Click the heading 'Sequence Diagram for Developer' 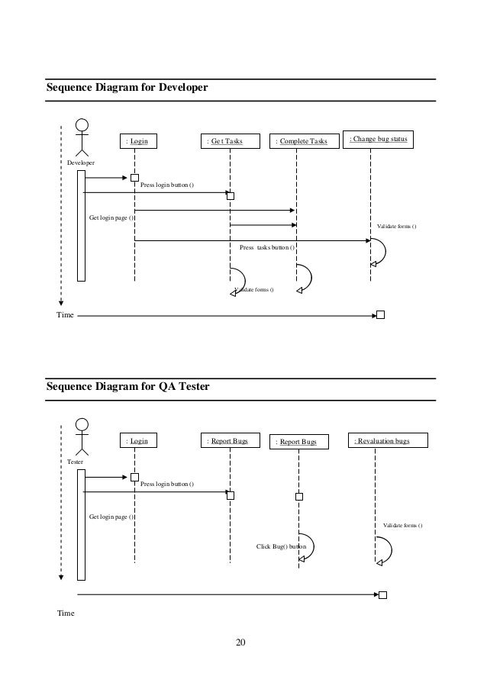coord(127,89)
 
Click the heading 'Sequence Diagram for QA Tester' coord(127,387)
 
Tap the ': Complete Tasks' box coord(303,141)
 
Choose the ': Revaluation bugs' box coord(389,440)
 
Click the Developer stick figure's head coord(82,124)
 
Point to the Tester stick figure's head coord(82,424)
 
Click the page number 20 coord(241,643)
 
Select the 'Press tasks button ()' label coord(267,248)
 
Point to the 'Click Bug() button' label coord(281,547)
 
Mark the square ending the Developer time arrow coord(380,314)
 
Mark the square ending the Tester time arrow coord(383,595)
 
